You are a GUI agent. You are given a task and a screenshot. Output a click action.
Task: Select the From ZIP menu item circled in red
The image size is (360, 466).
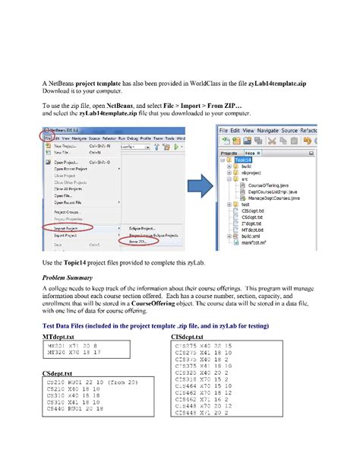(x=141, y=241)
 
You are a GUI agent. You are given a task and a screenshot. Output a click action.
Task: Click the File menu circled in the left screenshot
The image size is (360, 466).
(x=47, y=138)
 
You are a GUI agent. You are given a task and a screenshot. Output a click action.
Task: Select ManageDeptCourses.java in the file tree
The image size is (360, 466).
(x=269, y=199)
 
